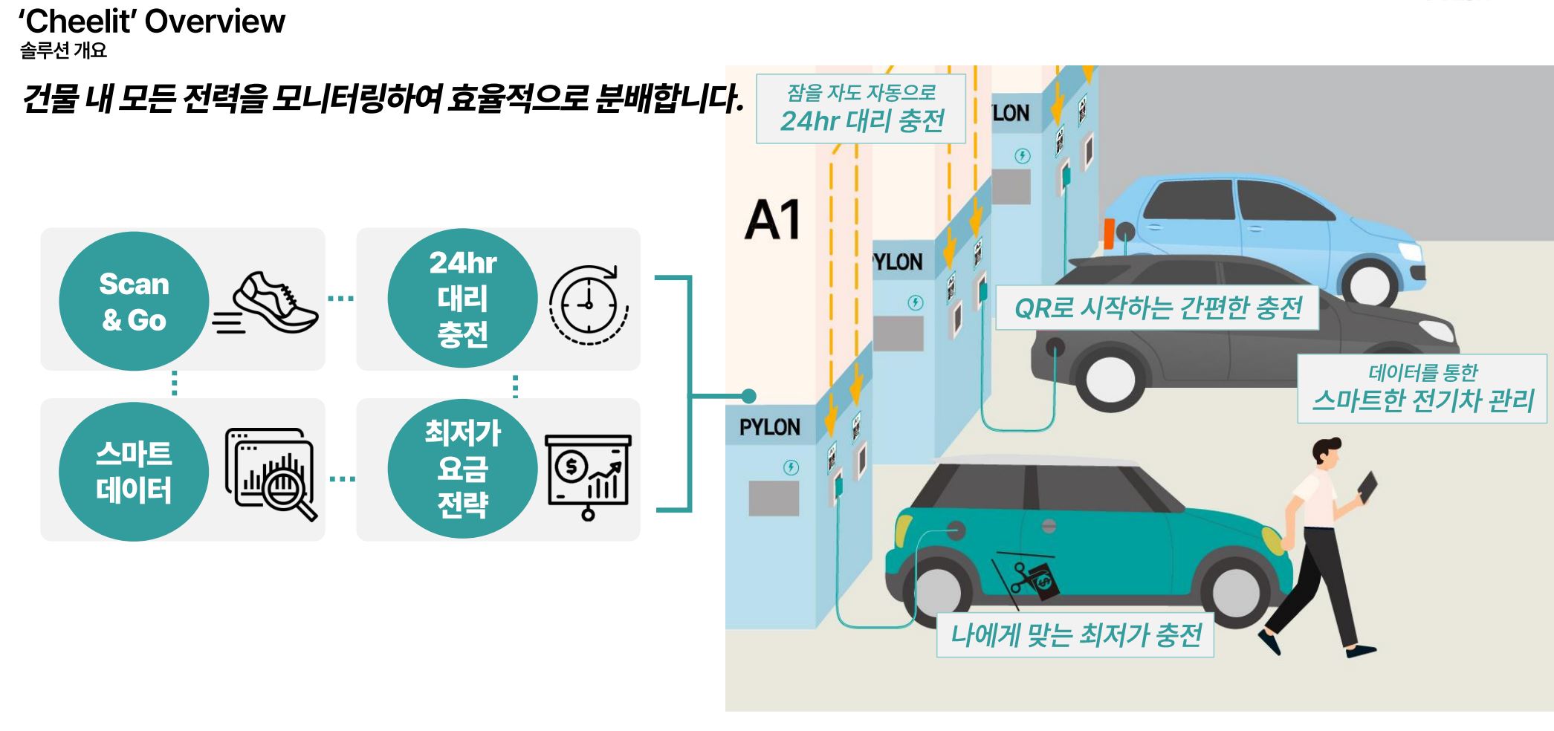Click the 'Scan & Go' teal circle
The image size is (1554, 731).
134,301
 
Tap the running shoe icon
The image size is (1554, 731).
266,303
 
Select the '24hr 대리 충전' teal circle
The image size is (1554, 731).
462,298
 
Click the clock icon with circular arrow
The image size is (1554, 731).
589,305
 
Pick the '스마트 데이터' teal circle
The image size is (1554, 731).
134,472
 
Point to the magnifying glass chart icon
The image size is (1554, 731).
271,474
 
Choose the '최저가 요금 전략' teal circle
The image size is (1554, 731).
462,469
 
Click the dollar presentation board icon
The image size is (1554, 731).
589,476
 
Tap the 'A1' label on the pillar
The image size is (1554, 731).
773,220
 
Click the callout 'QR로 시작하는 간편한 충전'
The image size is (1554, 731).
1157,308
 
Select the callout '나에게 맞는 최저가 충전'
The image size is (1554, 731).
1075,635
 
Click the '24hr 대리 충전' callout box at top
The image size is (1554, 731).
861,108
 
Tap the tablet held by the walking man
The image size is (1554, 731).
1367,487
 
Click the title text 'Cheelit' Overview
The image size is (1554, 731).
152,21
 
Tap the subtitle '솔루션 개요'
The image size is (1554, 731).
64,51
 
